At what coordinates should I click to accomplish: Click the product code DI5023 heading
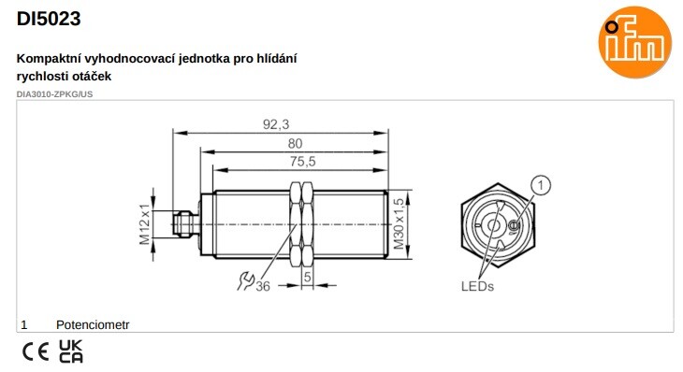(49, 19)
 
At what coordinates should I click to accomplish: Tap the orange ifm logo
(634, 42)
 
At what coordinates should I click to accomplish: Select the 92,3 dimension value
(276, 124)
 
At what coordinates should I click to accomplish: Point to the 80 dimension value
(295, 143)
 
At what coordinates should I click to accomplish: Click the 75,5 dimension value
(303, 162)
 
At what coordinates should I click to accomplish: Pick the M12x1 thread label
(145, 224)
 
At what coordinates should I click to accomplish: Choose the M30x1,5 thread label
(399, 224)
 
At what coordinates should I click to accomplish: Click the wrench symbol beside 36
(245, 281)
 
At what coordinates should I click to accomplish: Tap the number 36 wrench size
(263, 286)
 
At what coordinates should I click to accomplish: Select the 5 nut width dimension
(308, 277)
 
